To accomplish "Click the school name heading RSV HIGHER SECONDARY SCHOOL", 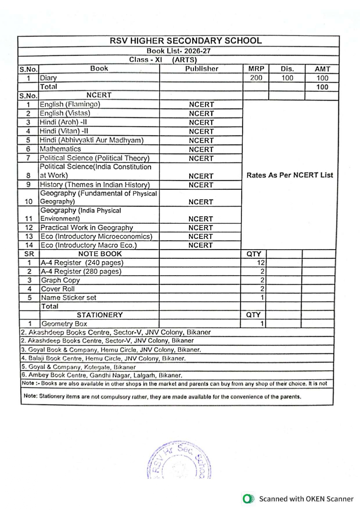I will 186,41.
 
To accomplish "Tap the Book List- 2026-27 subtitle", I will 178,51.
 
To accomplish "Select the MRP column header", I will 256,69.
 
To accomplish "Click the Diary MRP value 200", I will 256,78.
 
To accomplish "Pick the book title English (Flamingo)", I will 70,104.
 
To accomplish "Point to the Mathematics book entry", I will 60,149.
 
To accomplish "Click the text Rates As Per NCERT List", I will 289,175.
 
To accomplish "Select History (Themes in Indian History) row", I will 95,185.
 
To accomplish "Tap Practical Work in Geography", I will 87,228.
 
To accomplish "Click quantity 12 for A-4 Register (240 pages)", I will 260,263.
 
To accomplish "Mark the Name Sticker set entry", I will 69,298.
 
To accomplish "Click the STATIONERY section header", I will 100,315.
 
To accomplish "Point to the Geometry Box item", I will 64,324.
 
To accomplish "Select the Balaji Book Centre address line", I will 103,358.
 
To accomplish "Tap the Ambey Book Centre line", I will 102,375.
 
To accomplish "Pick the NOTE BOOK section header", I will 100,254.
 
